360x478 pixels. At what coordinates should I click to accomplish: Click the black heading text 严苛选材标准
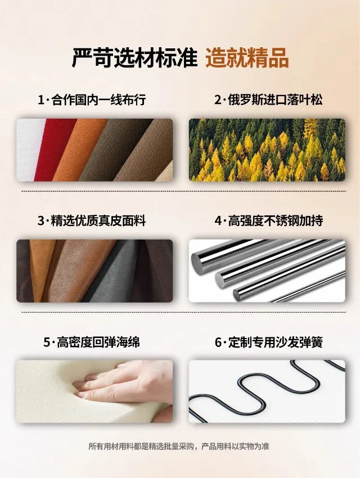tap(134, 57)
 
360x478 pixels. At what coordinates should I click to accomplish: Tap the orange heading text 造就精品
tap(247, 57)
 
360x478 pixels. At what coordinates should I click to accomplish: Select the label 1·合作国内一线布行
tap(92, 100)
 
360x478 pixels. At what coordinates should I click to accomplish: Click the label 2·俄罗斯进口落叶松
tap(268, 100)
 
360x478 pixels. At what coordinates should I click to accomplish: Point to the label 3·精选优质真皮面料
tap(92, 220)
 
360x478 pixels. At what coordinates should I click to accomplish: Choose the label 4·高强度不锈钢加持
tap(268, 220)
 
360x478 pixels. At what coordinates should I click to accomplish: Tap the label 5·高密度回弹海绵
tap(92, 342)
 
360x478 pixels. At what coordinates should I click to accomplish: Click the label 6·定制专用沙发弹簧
tap(268, 342)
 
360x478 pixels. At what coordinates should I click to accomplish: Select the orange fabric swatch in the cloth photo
tap(78, 150)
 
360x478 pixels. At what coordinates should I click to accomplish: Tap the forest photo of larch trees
tap(267, 150)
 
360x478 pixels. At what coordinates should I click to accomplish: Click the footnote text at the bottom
tap(179, 447)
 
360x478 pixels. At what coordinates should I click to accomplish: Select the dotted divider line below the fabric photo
tap(184, 191)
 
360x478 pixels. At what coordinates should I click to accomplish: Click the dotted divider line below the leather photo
tap(184, 312)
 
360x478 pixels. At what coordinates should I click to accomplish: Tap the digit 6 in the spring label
tap(218, 342)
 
